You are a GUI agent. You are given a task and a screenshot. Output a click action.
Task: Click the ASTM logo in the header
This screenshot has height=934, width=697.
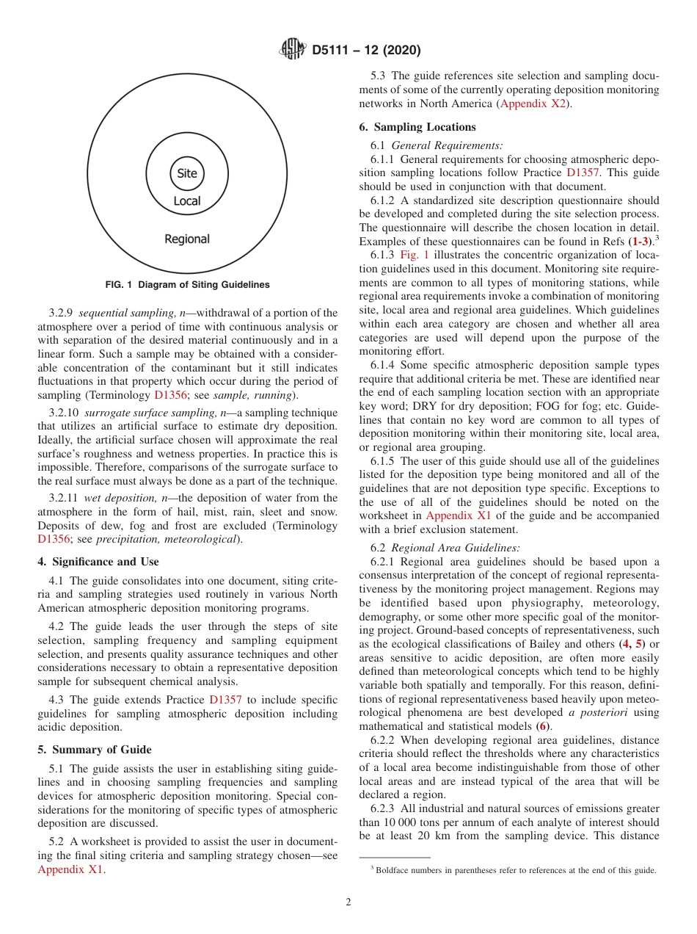point(293,50)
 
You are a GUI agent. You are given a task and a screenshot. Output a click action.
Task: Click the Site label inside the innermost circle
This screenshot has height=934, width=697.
point(187,174)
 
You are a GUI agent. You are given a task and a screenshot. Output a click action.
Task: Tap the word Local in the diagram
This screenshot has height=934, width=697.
point(187,201)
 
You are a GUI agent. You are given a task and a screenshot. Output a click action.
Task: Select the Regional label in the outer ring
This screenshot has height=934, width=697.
point(187,239)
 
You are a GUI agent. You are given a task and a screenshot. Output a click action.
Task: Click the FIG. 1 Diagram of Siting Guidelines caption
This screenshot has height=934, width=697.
point(187,285)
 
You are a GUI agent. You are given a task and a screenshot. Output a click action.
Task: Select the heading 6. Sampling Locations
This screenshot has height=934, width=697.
point(417,127)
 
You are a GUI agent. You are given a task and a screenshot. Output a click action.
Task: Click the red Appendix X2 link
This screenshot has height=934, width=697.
point(533,104)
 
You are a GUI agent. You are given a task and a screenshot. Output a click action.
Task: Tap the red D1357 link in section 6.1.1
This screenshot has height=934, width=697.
point(583,173)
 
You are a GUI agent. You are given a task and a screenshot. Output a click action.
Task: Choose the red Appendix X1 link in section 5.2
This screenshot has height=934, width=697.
point(70,870)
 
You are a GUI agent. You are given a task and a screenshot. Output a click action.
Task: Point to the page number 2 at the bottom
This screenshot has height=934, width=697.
point(348,902)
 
